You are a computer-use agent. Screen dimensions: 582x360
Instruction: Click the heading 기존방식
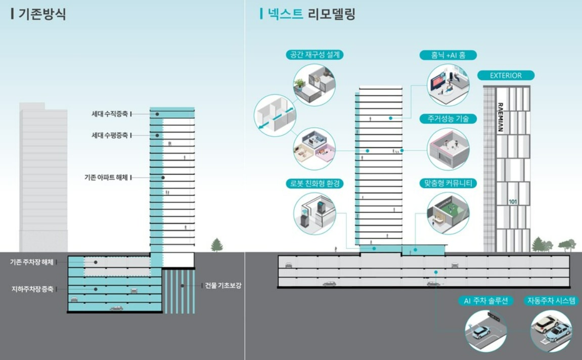click(x=42, y=14)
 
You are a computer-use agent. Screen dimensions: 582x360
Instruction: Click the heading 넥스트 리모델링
click(x=311, y=14)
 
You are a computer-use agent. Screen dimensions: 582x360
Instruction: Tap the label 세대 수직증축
click(x=110, y=114)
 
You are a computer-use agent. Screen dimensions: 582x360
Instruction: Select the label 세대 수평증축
click(x=110, y=136)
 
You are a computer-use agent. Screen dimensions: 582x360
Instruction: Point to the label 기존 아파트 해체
click(x=106, y=178)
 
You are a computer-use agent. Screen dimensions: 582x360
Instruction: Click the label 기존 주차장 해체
click(x=31, y=262)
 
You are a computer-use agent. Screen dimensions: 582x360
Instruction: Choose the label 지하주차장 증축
click(x=32, y=289)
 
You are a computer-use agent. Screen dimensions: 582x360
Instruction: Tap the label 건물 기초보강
click(x=223, y=285)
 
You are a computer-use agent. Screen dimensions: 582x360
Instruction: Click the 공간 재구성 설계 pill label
click(x=315, y=55)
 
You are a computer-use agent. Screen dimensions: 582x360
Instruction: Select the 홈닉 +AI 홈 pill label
click(x=448, y=55)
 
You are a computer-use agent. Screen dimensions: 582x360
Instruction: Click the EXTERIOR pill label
click(x=506, y=76)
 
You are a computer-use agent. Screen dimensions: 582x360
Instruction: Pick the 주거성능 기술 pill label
click(x=448, y=119)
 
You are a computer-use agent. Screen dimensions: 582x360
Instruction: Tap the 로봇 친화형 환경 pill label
click(x=315, y=184)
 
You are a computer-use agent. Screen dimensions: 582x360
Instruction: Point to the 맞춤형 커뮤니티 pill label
click(x=448, y=184)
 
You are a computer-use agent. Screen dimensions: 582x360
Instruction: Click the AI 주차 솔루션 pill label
click(x=485, y=301)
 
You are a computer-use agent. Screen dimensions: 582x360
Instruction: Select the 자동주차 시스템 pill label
click(x=551, y=301)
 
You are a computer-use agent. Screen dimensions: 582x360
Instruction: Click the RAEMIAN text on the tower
click(x=500, y=117)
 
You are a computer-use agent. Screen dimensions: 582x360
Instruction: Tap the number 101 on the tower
click(x=513, y=202)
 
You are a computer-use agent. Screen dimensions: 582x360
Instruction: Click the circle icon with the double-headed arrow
click(x=275, y=115)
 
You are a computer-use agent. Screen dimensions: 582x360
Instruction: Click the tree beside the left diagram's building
click(x=217, y=245)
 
